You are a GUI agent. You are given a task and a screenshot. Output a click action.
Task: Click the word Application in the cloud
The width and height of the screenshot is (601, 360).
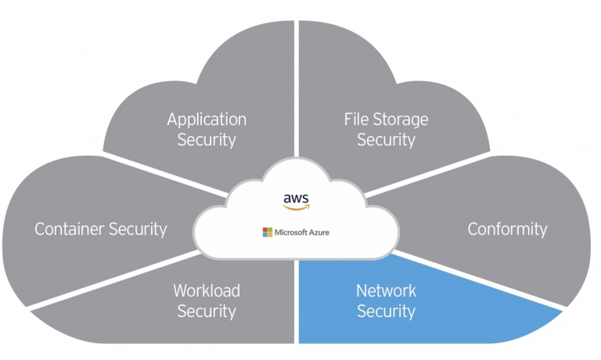(207, 120)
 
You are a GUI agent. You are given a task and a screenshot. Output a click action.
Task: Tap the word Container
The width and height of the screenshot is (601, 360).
(69, 229)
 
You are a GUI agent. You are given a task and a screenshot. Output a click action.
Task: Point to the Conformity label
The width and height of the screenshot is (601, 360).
(507, 229)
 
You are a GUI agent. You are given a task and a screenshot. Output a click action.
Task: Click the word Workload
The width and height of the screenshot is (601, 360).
(207, 290)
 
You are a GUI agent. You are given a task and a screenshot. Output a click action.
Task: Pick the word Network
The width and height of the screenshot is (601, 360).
(386, 290)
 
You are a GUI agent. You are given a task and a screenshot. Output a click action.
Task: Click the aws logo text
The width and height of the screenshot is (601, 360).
(296, 199)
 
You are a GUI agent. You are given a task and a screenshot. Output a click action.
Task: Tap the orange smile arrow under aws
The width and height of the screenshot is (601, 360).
(297, 207)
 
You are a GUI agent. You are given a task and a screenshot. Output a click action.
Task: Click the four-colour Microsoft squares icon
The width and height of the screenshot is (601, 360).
(267, 232)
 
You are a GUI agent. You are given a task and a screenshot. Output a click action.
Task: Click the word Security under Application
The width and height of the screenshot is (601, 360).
(207, 140)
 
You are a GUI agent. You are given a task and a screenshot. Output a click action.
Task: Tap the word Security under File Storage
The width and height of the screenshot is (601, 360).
(386, 140)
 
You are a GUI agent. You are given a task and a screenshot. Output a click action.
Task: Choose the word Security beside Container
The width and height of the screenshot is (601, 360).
(138, 229)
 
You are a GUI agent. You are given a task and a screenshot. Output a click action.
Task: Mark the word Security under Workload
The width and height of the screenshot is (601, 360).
(207, 311)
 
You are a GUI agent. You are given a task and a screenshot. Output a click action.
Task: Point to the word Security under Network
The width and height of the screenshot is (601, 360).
(386, 311)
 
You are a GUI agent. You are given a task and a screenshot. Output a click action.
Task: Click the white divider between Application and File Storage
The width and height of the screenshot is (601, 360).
(297, 88)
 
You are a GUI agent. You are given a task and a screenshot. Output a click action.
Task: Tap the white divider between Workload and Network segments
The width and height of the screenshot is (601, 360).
(297, 302)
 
